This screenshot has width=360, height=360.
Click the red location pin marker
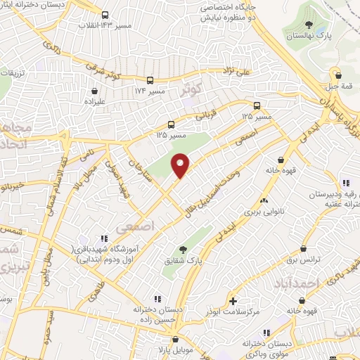coord(181,165)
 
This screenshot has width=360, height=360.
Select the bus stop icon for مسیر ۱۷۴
coord(150,80)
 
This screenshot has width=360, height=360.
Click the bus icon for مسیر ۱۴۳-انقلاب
coord(105,15)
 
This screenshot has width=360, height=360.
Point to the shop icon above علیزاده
coord(95,91)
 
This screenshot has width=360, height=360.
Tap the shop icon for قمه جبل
coord(338,75)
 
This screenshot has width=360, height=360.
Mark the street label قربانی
coord(203,117)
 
